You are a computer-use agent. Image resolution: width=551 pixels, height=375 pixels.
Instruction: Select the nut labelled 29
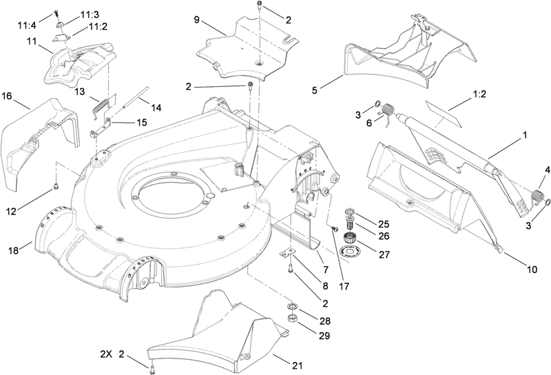[x=291, y=317]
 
